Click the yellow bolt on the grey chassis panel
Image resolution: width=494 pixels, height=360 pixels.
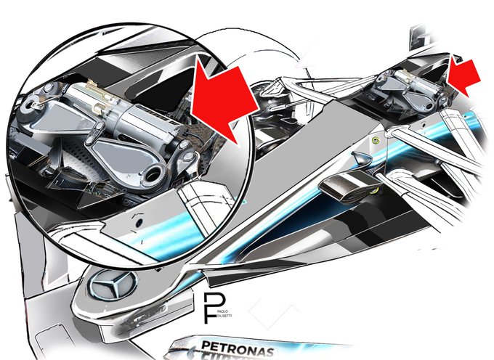click(375, 140)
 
